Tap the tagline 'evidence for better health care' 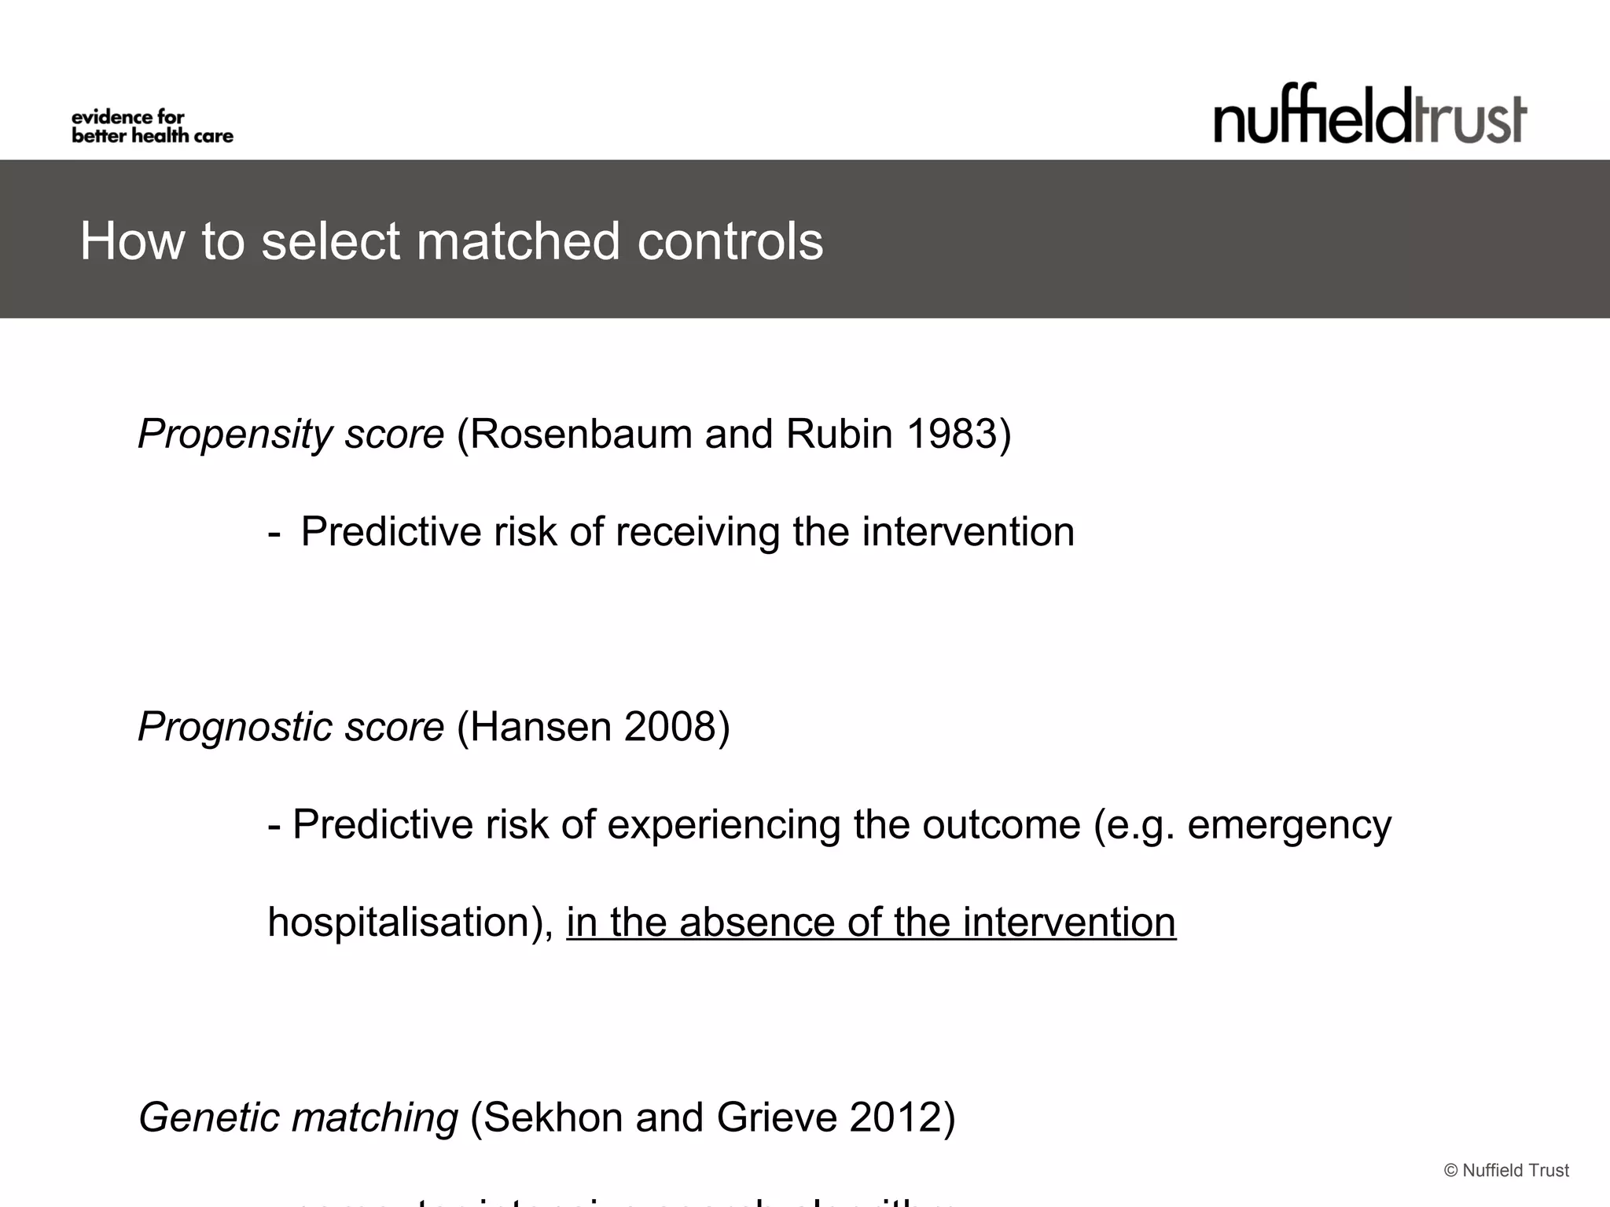click(153, 127)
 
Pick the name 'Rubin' click(839, 435)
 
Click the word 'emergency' click(1289, 825)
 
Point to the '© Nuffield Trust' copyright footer click(1506, 1171)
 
